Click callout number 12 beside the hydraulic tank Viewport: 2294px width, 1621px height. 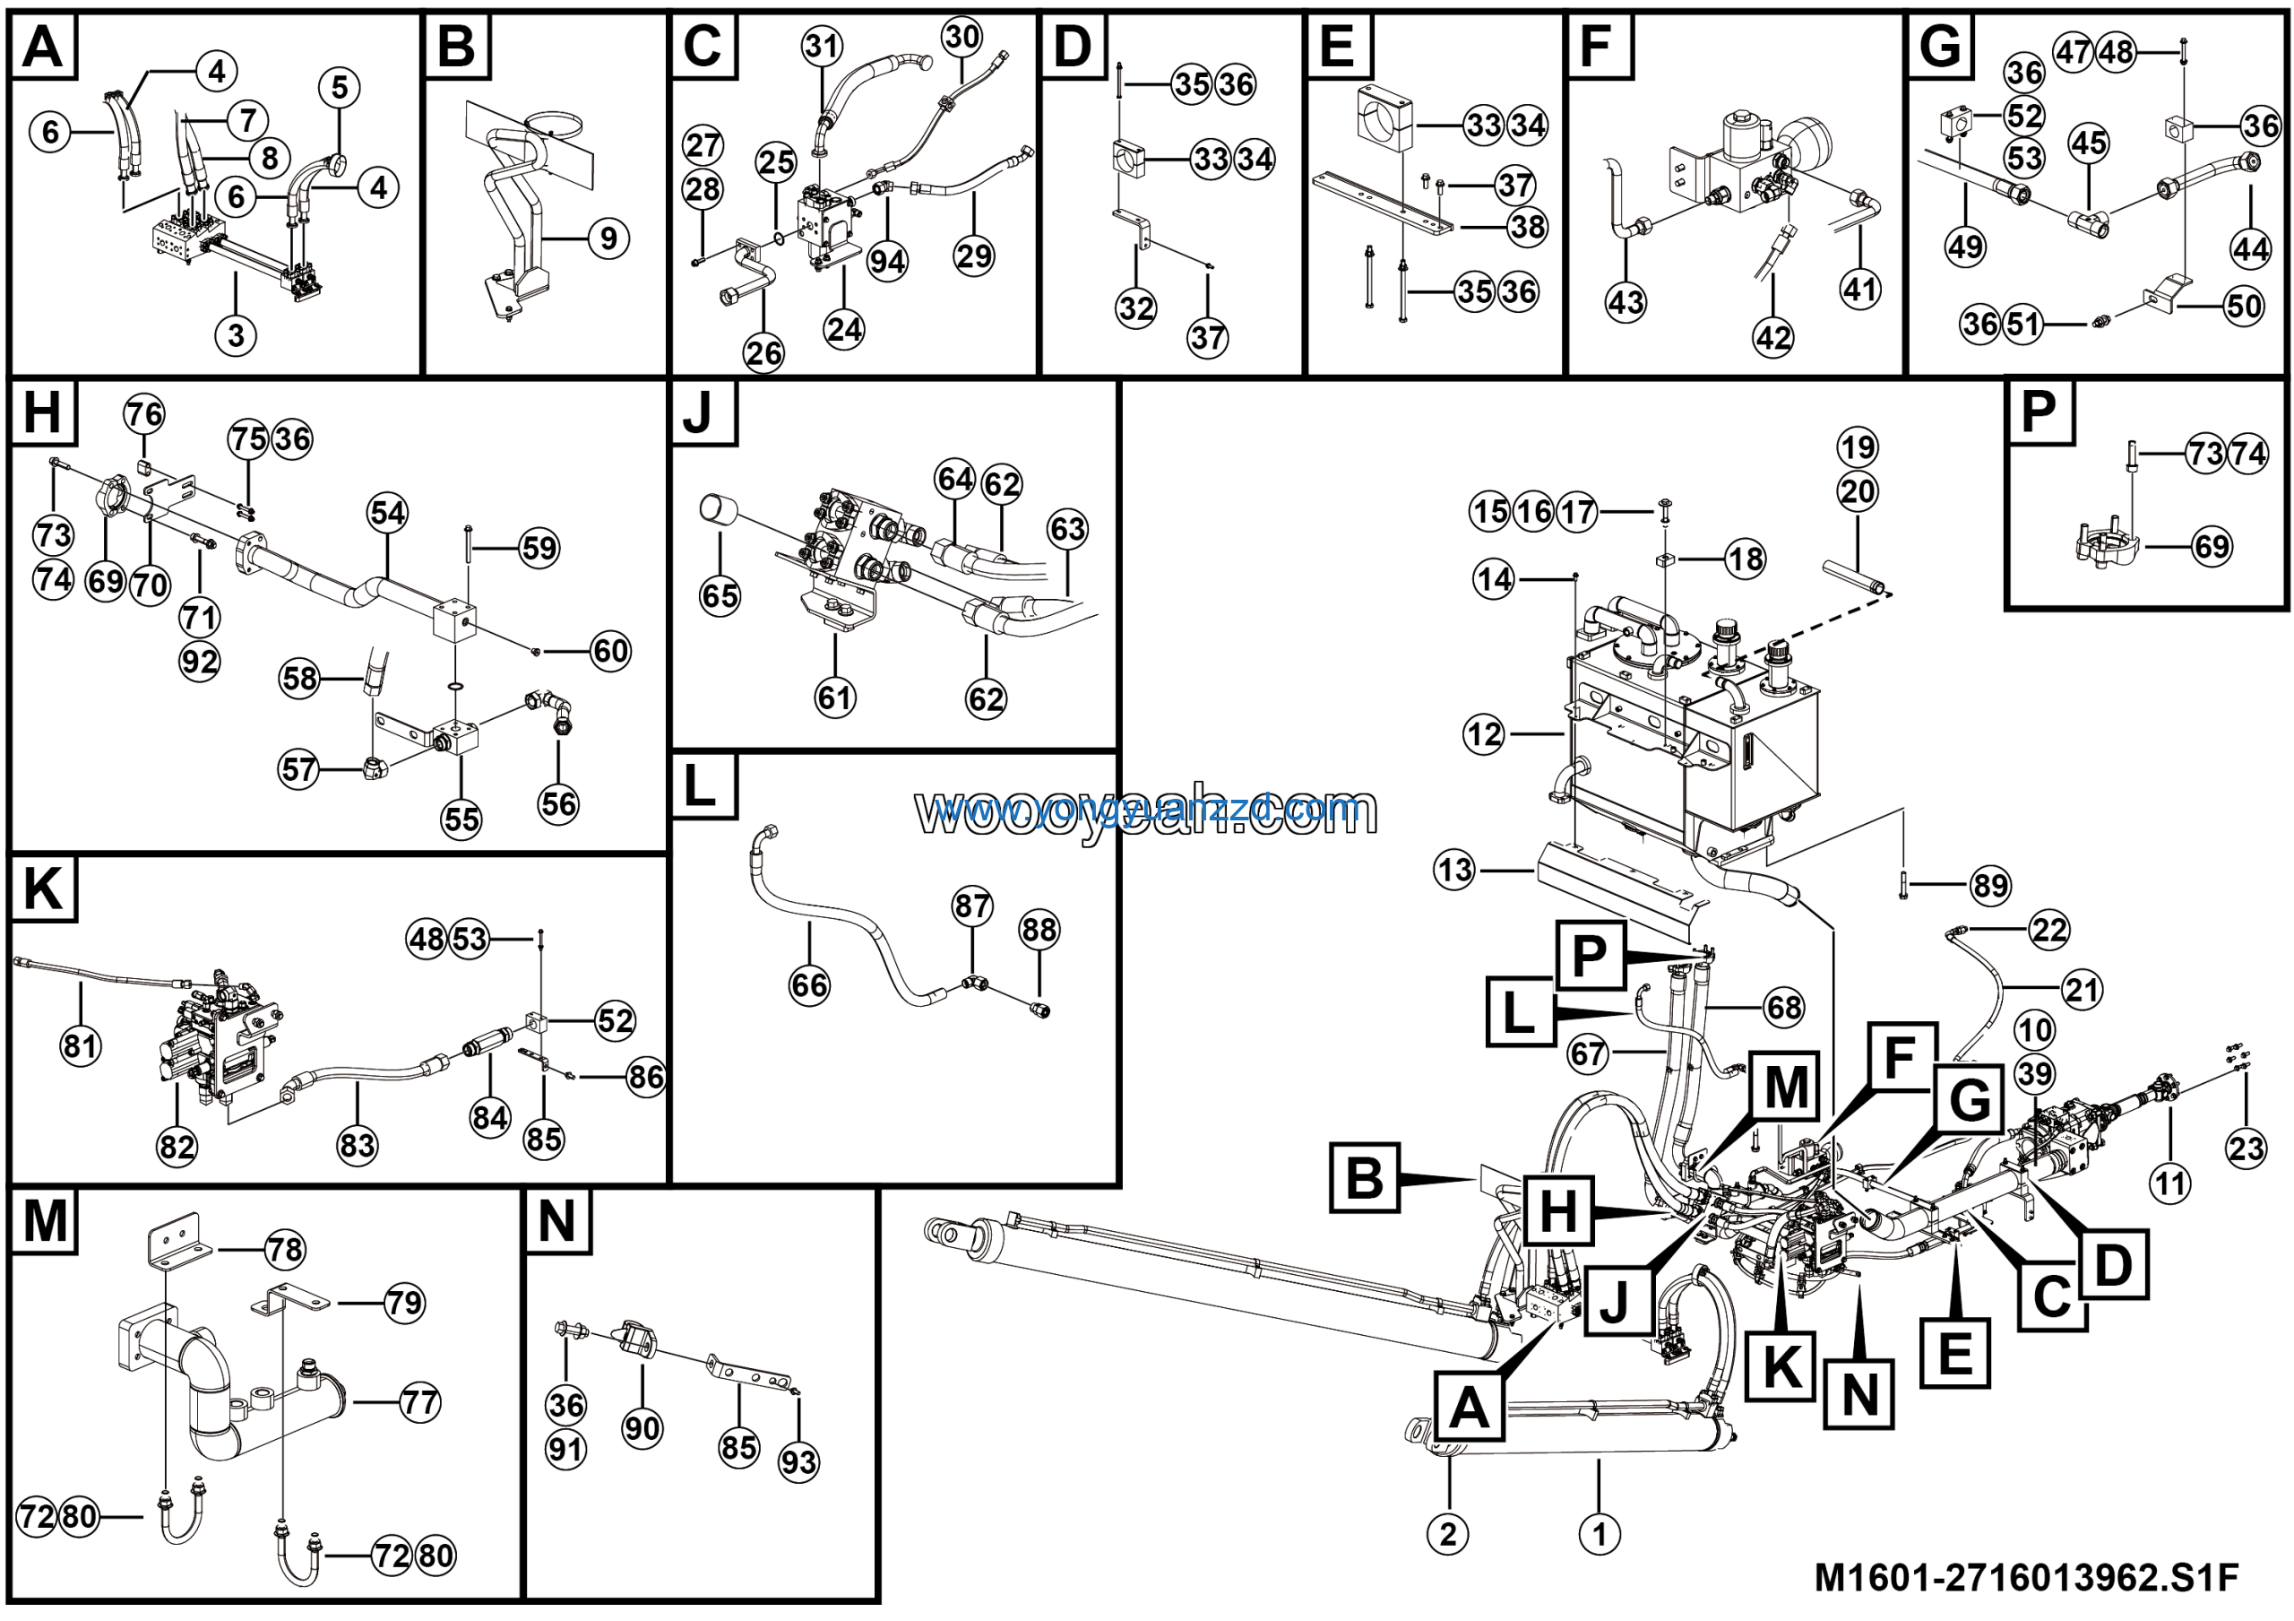point(1484,735)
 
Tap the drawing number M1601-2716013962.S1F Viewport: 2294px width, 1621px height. point(2025,1577)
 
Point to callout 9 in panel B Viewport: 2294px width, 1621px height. point(608,238)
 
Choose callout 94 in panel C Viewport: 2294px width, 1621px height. point(887,262)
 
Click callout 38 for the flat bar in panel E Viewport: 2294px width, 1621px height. point(1528,227)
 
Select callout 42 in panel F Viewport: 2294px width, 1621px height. point(1773,338)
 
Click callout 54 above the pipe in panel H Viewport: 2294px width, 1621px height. point(388,514)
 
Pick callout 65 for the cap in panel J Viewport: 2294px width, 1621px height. point(720,596)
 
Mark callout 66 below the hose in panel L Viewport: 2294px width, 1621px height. point(809,985)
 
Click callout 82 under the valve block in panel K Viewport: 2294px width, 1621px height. point(177,1147)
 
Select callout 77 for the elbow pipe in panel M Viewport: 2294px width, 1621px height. point(419,1403)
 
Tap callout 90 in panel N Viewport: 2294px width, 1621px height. point(642,1428)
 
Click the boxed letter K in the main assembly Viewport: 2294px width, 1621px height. point(1781,1366)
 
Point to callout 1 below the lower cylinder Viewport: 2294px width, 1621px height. point(1599,1533)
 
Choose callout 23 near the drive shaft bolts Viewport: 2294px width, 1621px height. point(2246,1149)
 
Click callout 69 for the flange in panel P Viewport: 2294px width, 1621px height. point(2211,547)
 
